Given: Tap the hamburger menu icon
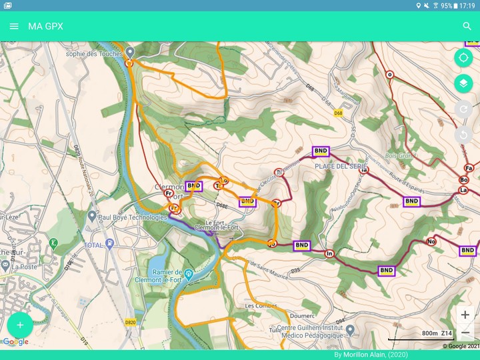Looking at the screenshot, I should pyautogui.click(x=14, y=27).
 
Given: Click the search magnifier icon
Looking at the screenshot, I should pyautogui.click(x=467, y=27).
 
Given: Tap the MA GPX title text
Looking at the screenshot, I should pyautogui.click(x=45, y=27).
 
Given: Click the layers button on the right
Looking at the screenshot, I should pyautogui.click(x=463, y=83).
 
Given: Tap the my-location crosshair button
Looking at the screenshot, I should pyautogui.click(x=463, y=58).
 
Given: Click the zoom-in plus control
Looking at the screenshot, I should pyautogui.click(x=465, y=315).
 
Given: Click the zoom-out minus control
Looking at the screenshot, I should pyautogui.click(x=465, y=332).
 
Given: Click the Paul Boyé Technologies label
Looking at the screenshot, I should pyautogui.click(x=132, y=217).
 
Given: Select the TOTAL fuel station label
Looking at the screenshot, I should pyautogui.click(x=93, y=245).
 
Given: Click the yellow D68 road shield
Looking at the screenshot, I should pyautogui.click(x=339, y=113).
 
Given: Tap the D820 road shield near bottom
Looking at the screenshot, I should pyautogui.click(x=130, y=322).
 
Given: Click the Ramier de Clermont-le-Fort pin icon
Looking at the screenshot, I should pyautogui.click(x=189, y=274).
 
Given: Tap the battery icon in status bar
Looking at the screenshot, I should pyautogui.click(x=454, y=5).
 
